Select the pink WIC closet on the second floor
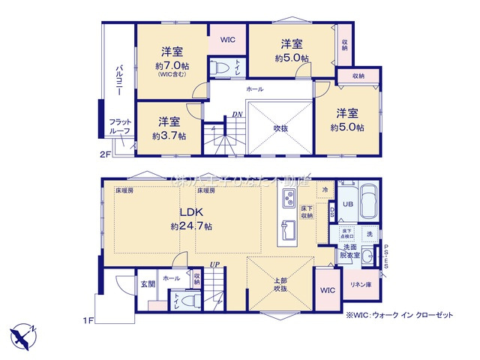pyautogui.click(x=227, y=40)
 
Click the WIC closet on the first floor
pyautogui.click(x=326, y=289)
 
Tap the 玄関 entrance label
pyautogui.click(x=147, y=284)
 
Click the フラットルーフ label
pyautogui.click(x=120, y=127)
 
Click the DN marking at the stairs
pyautogui.click(x=236, y=114)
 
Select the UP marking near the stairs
pyautogui.click(x=214, y=265)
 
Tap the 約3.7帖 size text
pyautogui.click(x=169, y=136)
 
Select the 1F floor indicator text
pyautogui.click(x=88, y=320)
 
